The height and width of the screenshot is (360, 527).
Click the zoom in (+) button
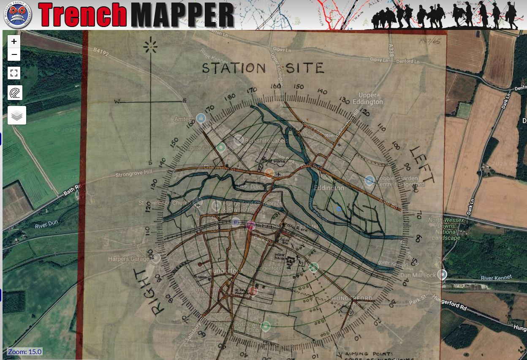pyautogui.click(x=14, y=41)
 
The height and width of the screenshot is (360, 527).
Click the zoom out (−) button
pyautogui.click(x=14, y=54)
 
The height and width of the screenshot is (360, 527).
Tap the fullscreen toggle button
pyautogui.click(x=14, y=73)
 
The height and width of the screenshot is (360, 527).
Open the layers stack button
pyautogui.click(x=17, y=115)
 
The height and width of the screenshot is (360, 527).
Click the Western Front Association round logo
pyautogui.click(x=17, y=15)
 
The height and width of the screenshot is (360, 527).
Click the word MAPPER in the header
pyautogui.click(x=182, y=15)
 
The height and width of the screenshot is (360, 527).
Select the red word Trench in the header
pyautogui.click(x=83, y=15)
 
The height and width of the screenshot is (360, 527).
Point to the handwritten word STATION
pyautogui.click(x=234, y=68)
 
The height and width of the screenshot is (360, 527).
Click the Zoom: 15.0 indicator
pyautogui.click(x=24, y=352)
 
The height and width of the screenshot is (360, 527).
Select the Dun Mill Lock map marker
pyautogui.click(x=442, y=275)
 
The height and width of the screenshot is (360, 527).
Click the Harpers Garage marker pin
pyautogui.click(x=156, y=258)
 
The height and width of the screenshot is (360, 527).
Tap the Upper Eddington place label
pyautogui.click(x=370, y=98)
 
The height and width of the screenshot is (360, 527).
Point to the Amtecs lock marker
pyautogui.click(x=201, y=118)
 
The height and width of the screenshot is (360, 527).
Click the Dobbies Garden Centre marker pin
pyautogui.click(x=369, y=181)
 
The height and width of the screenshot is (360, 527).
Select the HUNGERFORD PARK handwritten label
pyautogui.click(x=352, y=301)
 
